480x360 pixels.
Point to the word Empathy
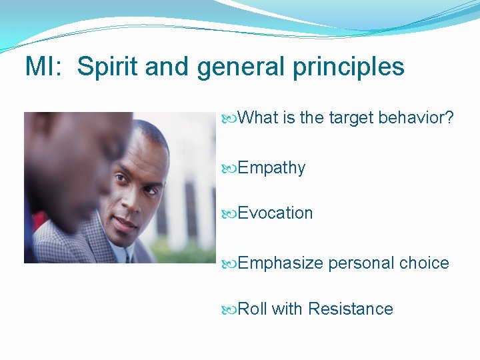tap(271, 168)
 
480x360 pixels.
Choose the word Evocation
tap(275, 213)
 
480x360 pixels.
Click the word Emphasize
tap(280, 263)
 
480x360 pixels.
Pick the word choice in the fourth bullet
tap(424, 263)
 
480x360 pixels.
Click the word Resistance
tap(351, 309)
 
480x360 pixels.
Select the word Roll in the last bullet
tap(253, 309)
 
